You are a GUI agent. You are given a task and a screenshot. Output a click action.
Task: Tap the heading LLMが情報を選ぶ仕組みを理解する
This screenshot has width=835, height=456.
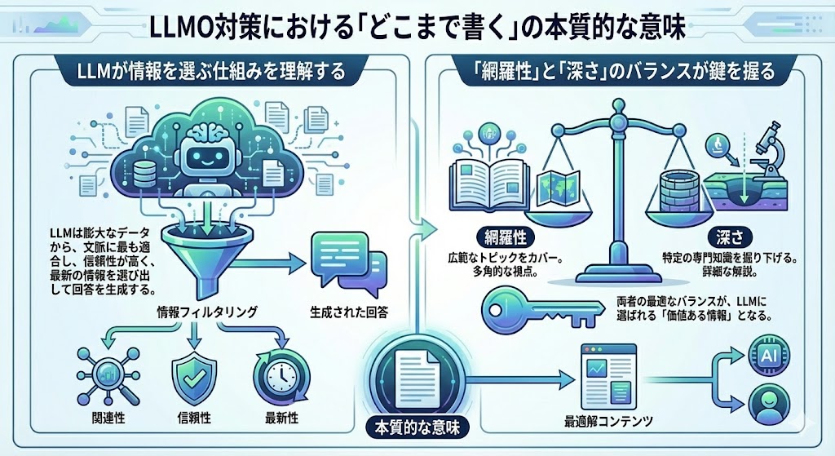(208, 69)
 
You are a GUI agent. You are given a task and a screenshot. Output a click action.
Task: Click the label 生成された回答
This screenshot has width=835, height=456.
(350, 312)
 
